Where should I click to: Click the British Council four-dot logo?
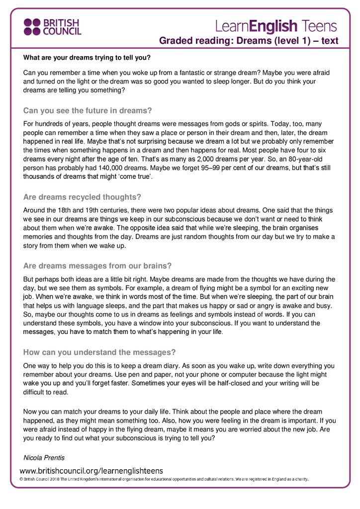click(x=33, y=27)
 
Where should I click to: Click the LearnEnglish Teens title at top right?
click(x=276, y=26)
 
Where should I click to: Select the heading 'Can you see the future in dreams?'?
click(x=88, y=110)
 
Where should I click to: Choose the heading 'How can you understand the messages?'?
click(x=99, y=352)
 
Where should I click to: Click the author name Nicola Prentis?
click(x=45, y=457)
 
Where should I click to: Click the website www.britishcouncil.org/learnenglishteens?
click(x=91, y=470)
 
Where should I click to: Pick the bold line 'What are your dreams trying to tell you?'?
click(x=87, y=57)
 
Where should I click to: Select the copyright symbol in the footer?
click(x=22, y=480)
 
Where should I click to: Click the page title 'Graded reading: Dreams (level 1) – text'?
click(x=248, y=41)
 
